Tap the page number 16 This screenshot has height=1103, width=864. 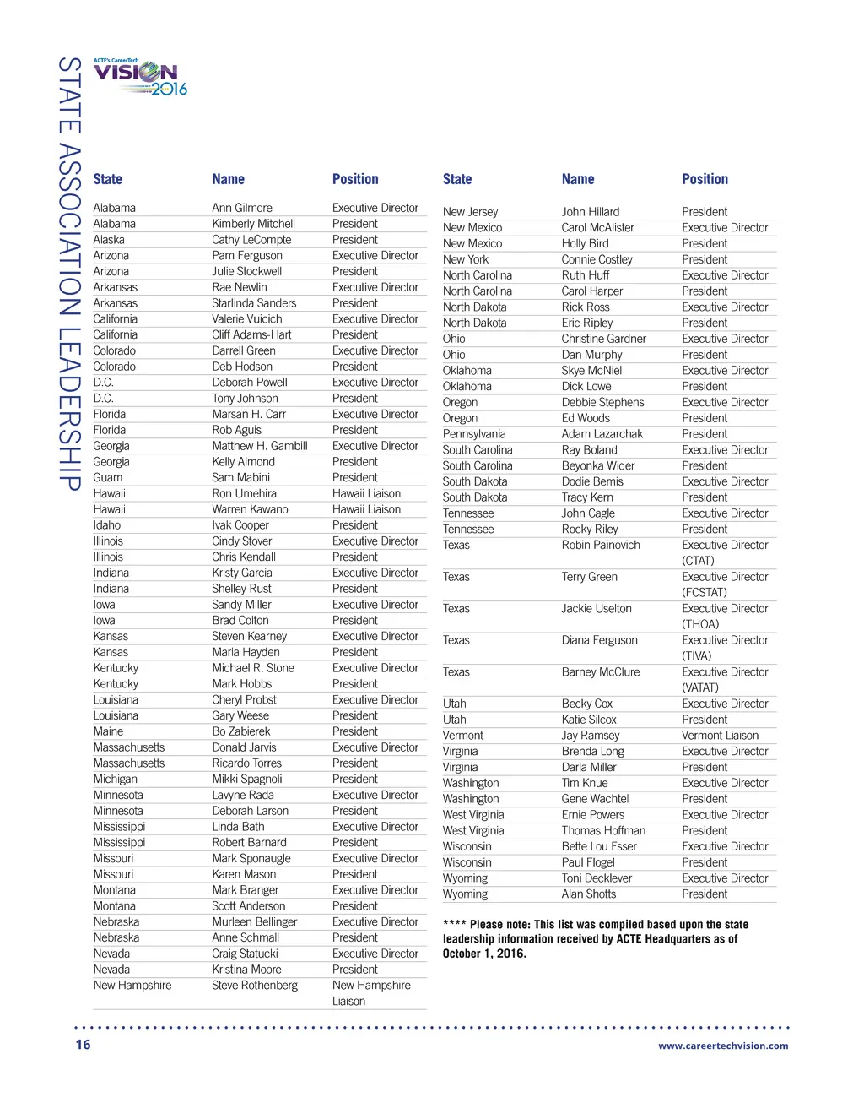point(83,1044)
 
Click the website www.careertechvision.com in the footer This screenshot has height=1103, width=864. point(723,1046)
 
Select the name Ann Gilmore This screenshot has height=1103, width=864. point(242,208)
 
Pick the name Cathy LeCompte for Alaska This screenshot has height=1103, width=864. point(251,240)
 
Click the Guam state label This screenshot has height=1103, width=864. point(108,477)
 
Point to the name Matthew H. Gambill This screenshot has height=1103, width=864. point(260,446)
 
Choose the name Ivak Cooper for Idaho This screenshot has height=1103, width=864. point(240,525)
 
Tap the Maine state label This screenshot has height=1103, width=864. point(108,731)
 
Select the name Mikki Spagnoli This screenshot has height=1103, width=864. point(247,779)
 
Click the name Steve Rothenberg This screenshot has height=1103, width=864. point(255,985)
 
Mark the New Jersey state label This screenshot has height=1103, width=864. point(470,212)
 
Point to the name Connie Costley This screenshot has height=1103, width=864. point(597,259)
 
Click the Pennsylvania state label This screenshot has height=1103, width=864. point(474,434)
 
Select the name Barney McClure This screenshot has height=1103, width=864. point(601,672)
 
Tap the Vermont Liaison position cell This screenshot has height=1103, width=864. point(720,736)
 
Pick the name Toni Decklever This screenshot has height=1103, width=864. point(597,878)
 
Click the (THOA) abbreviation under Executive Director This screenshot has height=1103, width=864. point(700,624)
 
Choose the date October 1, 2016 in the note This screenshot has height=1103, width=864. point(484,954)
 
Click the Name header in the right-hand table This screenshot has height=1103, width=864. point(578,179)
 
